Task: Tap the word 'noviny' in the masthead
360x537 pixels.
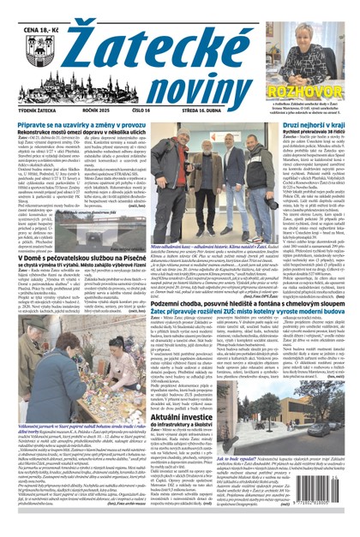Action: pos(192,86)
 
